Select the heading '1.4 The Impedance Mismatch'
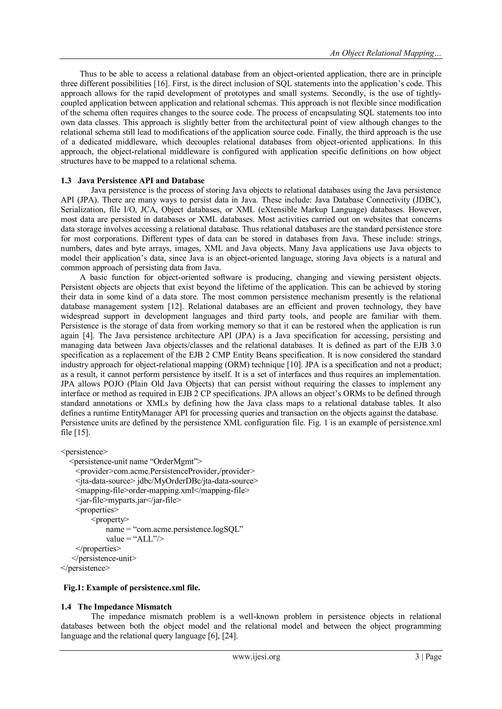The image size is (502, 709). [116, 607]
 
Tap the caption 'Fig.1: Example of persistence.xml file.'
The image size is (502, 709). [132, 587]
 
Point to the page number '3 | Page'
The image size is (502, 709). [428, 657]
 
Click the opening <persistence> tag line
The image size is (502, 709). [84, 452]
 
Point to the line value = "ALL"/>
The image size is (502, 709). [135, 539]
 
